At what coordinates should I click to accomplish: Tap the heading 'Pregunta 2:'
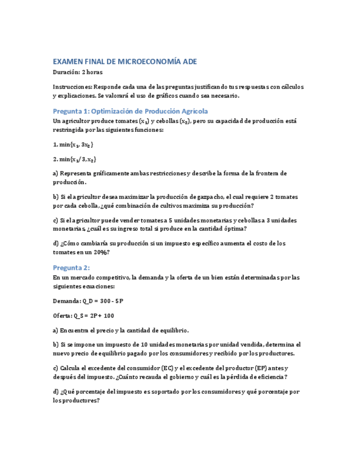pyautogui.click(x=71, y=268)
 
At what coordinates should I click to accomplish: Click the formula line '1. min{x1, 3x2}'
pyautogui.click(x=73, y=145)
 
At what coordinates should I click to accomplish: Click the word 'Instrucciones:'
pyautogui.click(x=73, y=87)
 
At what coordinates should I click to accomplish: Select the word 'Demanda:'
pyautogui.click(x=66, y=301)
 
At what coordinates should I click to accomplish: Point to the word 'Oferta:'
pyautogui.click(x=64, y=316)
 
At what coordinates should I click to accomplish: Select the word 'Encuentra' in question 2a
pyautogui.click(x=77, y=330)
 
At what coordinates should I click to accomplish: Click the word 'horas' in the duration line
pyautogui.click(x=94, y=72)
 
